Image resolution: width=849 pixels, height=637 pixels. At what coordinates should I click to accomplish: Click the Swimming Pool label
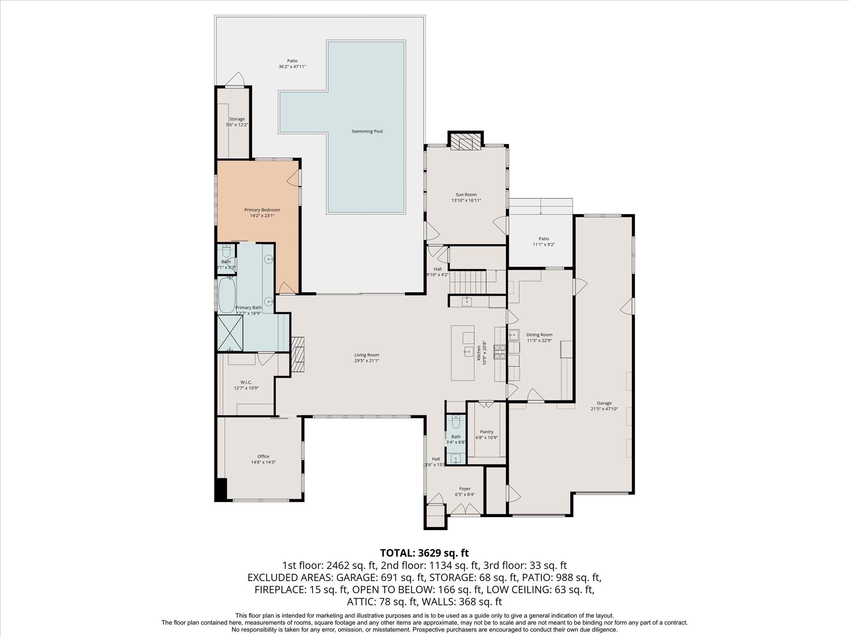click(x=367, y=131)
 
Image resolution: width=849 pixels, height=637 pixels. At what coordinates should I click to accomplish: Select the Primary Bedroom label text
click(x=262, y=210)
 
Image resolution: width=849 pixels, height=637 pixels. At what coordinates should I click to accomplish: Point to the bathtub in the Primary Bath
click(x=226, y=295)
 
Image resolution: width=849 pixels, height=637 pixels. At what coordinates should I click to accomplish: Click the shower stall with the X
click(x=229, y=333)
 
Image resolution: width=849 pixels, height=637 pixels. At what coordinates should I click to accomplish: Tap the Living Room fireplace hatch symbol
click(x=298, y=355)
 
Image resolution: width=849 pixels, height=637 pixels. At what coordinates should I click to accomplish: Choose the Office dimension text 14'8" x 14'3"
click(x=263, y=462)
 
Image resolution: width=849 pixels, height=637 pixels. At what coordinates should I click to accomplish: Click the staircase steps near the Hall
click(x=468, y=281)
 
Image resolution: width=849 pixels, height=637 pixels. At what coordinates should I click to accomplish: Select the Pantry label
click(x=487, y=432)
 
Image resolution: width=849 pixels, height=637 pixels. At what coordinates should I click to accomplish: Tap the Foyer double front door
click(x=466, y=509)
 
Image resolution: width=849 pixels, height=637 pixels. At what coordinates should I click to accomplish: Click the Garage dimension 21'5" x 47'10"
click(x=604, y=408)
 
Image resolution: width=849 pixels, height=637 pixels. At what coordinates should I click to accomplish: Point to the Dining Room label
click(x=539, y=335)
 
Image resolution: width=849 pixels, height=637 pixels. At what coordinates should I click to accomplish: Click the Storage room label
click(x=237, y=119)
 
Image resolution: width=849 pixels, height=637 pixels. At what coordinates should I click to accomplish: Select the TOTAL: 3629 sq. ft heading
click(x=424, y=552)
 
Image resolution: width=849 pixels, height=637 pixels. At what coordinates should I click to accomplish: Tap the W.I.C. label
click(x=246, y=382)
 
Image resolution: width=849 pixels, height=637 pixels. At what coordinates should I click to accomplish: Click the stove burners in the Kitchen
click(x=499, y=352)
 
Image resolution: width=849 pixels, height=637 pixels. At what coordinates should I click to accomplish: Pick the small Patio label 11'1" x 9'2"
click(x=543, y=244)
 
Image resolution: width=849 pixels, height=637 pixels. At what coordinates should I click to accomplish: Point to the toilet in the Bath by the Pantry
click(x=456, y=423)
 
